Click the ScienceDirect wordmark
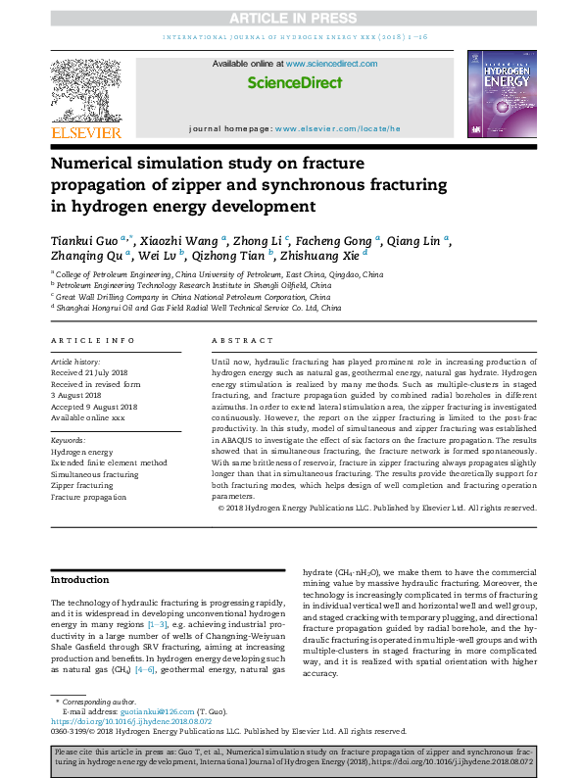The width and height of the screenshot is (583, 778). click(292, 83)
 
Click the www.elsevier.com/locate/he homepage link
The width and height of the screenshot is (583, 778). click(338, 128)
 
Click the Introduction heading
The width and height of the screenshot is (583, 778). click(81, 580)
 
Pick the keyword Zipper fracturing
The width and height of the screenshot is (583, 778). click(81, 485)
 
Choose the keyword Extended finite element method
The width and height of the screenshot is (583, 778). click(109, 462)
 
